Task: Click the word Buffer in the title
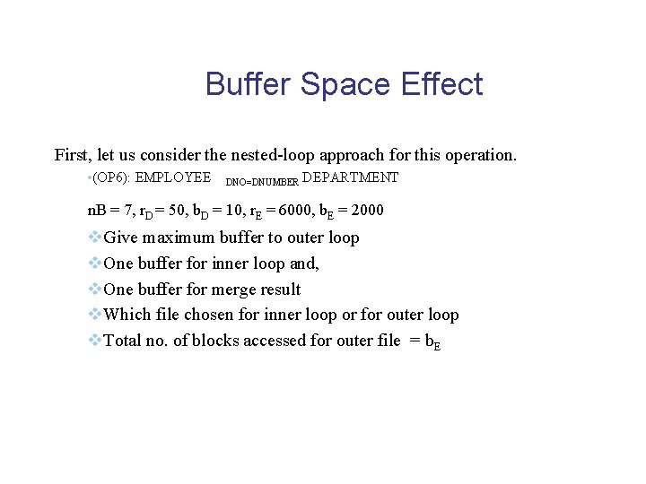pyautogui.click(x=249, y=84)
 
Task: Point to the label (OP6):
pyautogui.click(x=110, y=177)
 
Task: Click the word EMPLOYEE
pyautogui.click(x=173, y=177)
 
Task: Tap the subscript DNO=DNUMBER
pyautogui.click(x=262, y=182)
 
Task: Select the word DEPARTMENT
pyautogui.click(x=351, y=177)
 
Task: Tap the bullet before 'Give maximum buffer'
pyautogui.click(x=94, y=238)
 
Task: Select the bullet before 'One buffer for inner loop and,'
pyautogui.click(x=94, y=264)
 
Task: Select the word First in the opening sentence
pyautogui.click(x=71, y=155)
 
